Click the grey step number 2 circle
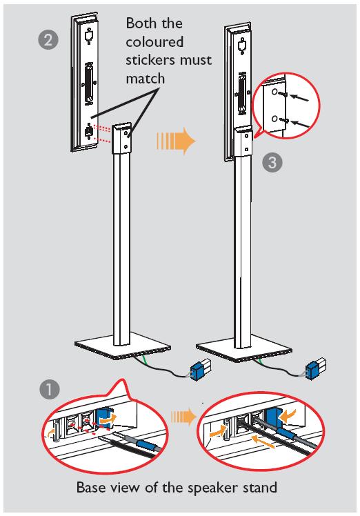pos(48,39)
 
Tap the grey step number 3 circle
pos(272,162)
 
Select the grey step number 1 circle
pos(50,390)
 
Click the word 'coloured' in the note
pos(154,42)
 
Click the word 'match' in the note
pos(145,79)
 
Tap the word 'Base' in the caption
pos(90,487)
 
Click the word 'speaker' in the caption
pos(213,488)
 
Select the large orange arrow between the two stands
pos(176,141)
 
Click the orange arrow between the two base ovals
pos(183,416)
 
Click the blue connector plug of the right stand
pos(313,370)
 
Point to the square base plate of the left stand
pos(122,351)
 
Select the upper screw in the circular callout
pos(283,94)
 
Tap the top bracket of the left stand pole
pos(123,139)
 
